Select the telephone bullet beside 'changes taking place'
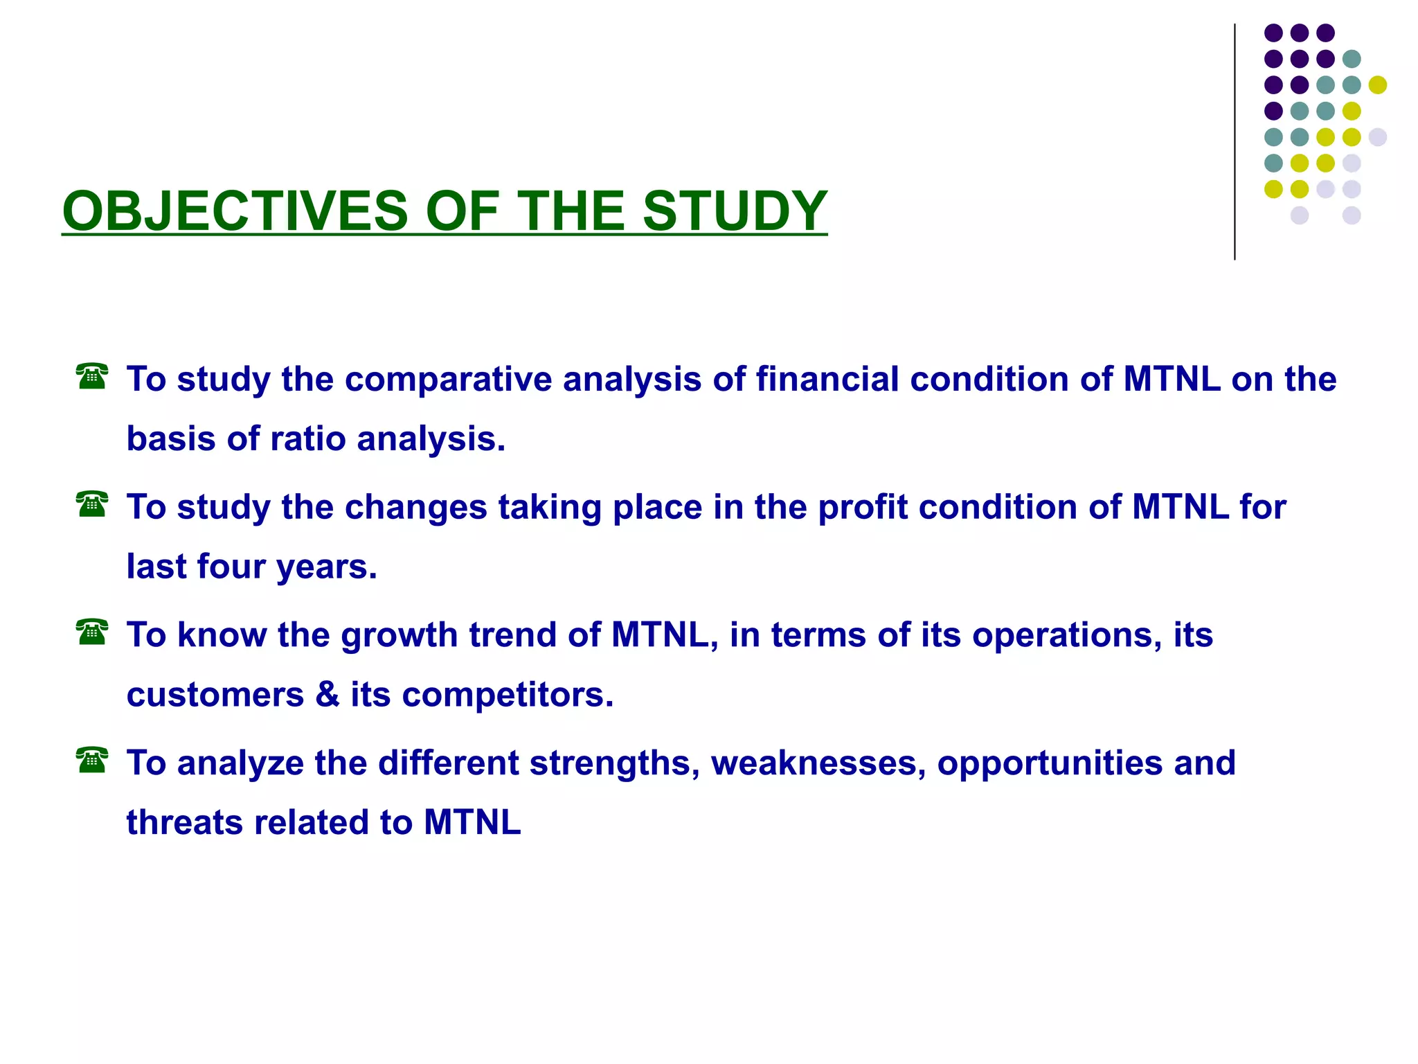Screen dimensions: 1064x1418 (92, 504)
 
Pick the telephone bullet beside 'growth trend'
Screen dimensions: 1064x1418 (92, 632)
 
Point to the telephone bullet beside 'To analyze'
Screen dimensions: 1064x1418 (92, 760)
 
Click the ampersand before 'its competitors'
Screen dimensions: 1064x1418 (327, 695)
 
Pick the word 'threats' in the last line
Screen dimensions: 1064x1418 (183, 823)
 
